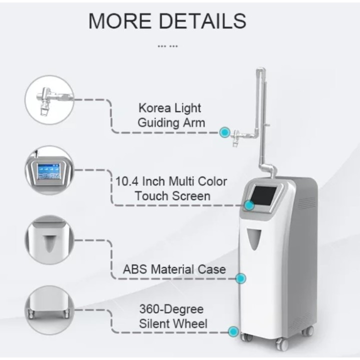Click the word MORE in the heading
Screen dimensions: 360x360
[120, 21]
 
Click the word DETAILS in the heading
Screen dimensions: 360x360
[202, 21]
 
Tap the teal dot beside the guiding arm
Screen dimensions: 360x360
[225, 132]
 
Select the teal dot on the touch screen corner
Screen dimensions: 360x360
[249, 205]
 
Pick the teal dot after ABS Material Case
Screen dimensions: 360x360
[240, 278]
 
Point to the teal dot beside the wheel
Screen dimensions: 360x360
[233, 331]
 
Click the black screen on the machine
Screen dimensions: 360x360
[263, 196]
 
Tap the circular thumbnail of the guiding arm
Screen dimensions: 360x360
[49, 100]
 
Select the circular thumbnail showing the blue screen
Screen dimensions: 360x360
[49, 170]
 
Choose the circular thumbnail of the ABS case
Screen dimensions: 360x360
[49, 240]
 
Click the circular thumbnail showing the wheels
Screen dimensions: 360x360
[49, 310]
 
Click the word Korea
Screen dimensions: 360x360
[154, 108]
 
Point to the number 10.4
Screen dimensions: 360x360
[127, 181]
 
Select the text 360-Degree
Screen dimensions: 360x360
[171, 309]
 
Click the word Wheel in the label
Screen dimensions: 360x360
[191, 323]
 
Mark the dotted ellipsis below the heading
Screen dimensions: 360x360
[167, 46]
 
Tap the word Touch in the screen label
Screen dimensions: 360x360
[152, 196]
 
